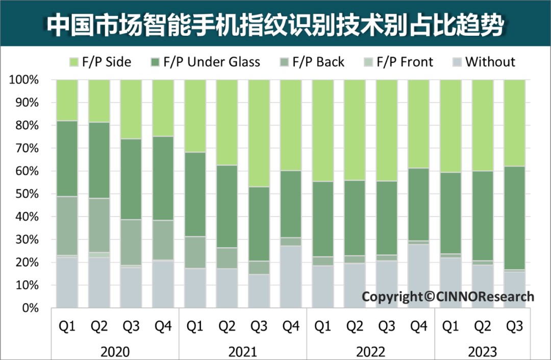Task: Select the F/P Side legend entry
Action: tap(100, 62)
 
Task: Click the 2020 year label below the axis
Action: tap(115, 351)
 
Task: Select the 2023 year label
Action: tap(483, 351)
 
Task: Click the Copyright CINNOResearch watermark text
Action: tap(448, 297)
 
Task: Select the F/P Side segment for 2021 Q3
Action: tap(259, 133)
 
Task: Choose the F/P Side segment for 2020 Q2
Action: tap(99, 101)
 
